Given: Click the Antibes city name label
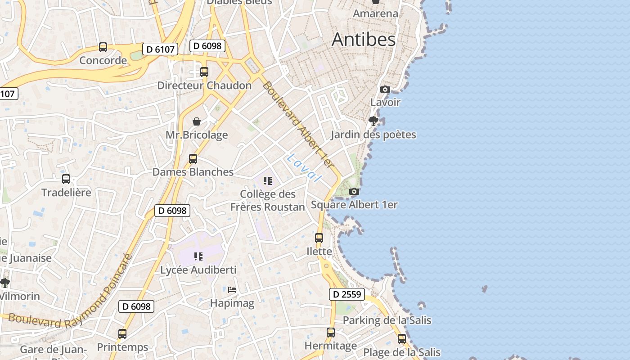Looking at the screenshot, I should (364, 40).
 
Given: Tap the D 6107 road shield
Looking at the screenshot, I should (160, 49).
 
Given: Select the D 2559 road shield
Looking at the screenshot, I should (346, 294).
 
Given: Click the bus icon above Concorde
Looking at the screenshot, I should (103, 47).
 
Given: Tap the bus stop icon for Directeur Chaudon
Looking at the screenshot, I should (204, 72).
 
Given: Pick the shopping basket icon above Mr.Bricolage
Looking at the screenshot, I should (197, 121).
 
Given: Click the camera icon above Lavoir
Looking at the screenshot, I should (385, 89).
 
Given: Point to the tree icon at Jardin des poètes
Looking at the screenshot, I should (373, 121).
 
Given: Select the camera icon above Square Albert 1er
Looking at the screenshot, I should (354, 192).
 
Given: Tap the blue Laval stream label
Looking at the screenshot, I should (305, 167).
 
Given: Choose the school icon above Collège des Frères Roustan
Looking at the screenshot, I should (268, 181).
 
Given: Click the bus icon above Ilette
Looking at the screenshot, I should (319, 238).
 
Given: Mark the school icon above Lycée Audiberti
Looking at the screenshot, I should (198, 256).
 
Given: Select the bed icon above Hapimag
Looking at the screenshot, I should (232, 289).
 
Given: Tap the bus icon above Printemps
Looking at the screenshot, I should (122, 334).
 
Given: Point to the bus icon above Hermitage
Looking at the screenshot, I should (331, 333).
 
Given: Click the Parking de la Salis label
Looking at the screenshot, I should (387, 320).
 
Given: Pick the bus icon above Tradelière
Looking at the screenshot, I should (66, 179).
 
